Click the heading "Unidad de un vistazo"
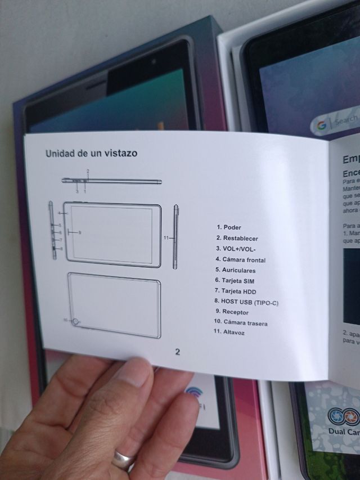[x=91, y=153]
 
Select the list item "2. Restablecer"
[x=237, y=239]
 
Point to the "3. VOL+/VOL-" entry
[x=236, y=249]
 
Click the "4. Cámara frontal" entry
[x=240, y=260]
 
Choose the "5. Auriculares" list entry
[x=235, y=271]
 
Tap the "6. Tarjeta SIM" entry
[x=235, y=280]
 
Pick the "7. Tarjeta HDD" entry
[x=235, y=290]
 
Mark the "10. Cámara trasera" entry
[x=240, y=322]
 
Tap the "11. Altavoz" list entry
[x=229, y=333]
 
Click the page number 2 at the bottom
[x=177, y=352]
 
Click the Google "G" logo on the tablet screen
[x=321, y=126]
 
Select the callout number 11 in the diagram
[x=166, y=238]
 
